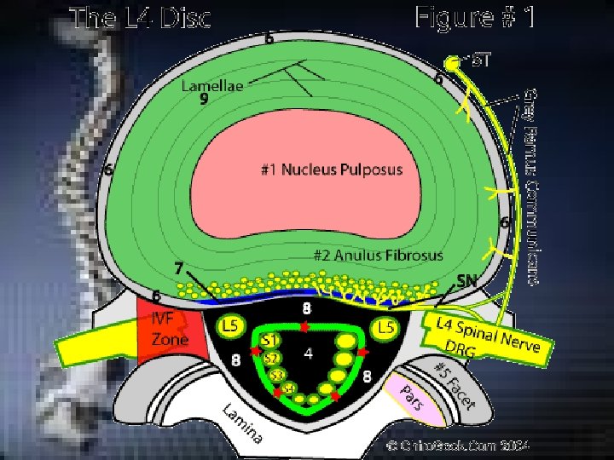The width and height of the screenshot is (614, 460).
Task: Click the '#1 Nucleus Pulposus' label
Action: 331,170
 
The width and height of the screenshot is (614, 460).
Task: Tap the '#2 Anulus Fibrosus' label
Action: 378,255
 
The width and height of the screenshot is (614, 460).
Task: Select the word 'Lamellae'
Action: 211,85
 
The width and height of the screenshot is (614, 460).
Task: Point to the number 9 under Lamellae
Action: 204,100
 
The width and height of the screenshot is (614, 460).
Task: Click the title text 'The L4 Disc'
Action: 141,18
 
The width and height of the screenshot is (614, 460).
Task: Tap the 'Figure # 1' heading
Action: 475,16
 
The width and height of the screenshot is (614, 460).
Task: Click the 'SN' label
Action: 466,279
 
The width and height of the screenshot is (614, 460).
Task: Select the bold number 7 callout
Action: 179,268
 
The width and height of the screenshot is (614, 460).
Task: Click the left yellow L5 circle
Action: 229,326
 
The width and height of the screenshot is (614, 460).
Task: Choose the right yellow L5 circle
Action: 386,326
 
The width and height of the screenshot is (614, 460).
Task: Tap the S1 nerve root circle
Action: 270,341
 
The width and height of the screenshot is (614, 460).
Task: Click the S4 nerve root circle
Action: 289,388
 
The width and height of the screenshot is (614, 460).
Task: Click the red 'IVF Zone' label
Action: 170,329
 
